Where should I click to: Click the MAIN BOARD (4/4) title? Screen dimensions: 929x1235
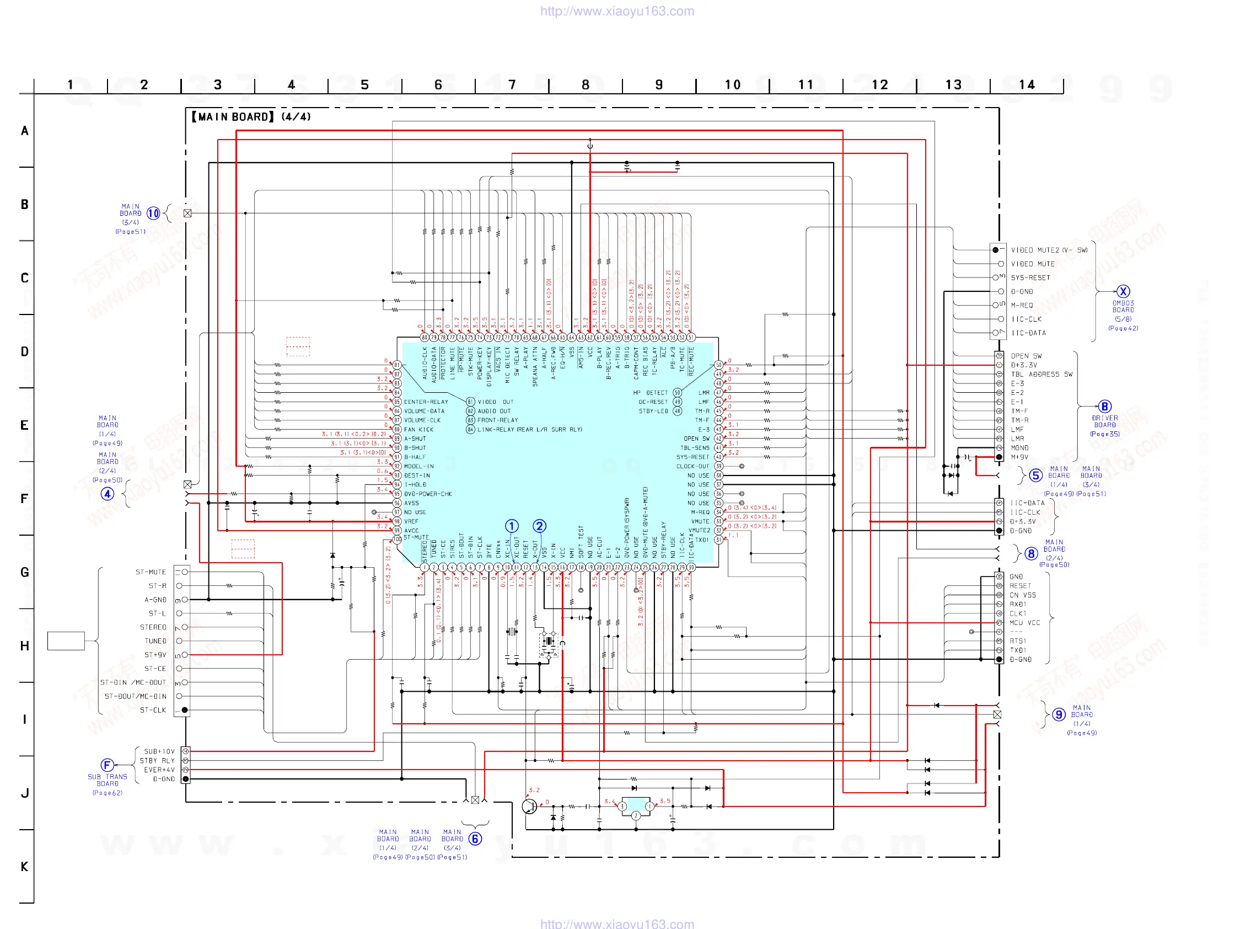click(251, 117)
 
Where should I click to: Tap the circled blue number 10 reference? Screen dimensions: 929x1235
click(153, 213)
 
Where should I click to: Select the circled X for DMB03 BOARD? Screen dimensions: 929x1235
click(1123, 291)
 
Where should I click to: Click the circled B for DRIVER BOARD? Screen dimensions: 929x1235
click(1104, 407)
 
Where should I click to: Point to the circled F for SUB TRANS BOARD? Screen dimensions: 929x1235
click(107, 765)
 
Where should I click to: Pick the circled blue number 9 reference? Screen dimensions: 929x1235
click(1059, 715)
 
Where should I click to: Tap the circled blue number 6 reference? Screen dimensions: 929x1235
click(475, 839)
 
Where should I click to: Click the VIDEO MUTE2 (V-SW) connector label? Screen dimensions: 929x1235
click(1049, 250)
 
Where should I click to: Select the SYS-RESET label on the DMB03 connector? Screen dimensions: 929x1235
click(1030, 277)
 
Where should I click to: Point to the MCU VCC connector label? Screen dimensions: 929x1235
click(1024, 623)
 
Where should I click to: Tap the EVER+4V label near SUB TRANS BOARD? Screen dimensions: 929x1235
click(159, 770)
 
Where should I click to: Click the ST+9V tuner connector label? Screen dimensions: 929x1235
click(155, 655)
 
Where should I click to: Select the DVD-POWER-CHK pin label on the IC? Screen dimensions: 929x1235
click(428, 494)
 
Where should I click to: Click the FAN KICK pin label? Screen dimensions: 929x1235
click(418, 430)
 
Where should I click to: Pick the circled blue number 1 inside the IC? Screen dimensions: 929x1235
click(512, 526)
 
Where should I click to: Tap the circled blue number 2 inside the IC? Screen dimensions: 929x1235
click(539, 526)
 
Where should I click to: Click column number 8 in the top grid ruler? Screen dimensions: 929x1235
click(585, 85)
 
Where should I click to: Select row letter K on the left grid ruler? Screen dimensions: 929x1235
click(25, 867)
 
